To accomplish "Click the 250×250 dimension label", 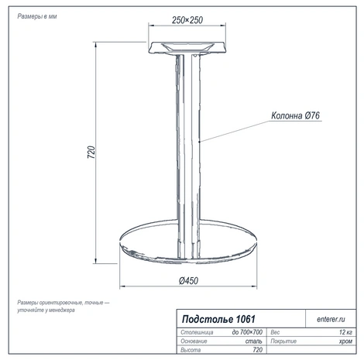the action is [x=187, y=20].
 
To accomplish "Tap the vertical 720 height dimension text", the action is [x=91, y=153].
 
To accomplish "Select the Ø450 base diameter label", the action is [x=188, y=281].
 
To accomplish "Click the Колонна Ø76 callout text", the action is [x=295, y=115].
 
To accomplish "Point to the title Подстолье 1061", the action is [x=218, y=319].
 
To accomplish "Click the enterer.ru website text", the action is [x=331, y=319].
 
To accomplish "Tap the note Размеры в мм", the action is [x=37, y=16].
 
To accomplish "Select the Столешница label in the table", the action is [x=197, y=332].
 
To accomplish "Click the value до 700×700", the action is [x=247, y=332].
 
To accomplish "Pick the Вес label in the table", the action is [x=275, y=332].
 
